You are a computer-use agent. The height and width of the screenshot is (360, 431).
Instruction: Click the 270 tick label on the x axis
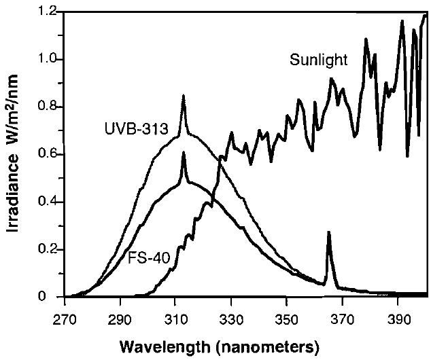click(x=65, y=318)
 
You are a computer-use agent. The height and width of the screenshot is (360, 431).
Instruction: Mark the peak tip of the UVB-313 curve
click(x=184, y=97)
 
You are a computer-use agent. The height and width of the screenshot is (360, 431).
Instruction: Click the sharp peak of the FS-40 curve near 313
click(x=184, y=153)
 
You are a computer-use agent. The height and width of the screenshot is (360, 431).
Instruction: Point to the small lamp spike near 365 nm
click(x=329, y=233)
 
